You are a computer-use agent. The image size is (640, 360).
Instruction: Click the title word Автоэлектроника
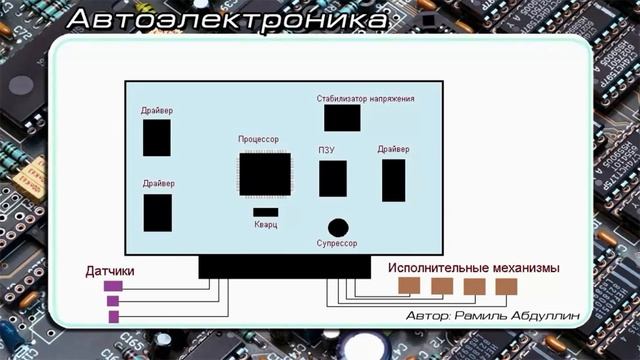(228, 19)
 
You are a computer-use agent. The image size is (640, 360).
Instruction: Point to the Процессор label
(258, 139)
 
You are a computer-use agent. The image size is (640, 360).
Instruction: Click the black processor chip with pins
(264, 174)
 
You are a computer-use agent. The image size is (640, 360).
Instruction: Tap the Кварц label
(265, 226)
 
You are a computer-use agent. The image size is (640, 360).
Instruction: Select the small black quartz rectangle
(265, 212)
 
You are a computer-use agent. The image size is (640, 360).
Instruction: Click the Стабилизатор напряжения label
(365, 99)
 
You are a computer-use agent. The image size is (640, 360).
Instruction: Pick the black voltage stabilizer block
(342, 118)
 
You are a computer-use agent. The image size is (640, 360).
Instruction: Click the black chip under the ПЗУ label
(333, 178)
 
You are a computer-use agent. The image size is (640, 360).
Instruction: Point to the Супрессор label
(338, 243)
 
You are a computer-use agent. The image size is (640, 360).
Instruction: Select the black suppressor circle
(339, 227)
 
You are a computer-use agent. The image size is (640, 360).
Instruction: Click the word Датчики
(110, 271)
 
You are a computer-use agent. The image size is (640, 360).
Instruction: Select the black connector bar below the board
(284, 266)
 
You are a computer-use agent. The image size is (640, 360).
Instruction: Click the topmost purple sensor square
(113, 286)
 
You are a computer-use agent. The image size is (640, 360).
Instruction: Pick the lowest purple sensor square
(113, 316)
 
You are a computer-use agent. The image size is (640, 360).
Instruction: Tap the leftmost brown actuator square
(408, 287)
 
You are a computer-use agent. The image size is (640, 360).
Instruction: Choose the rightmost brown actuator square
(506, 287)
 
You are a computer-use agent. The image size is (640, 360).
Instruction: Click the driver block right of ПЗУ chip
(394, 180)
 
